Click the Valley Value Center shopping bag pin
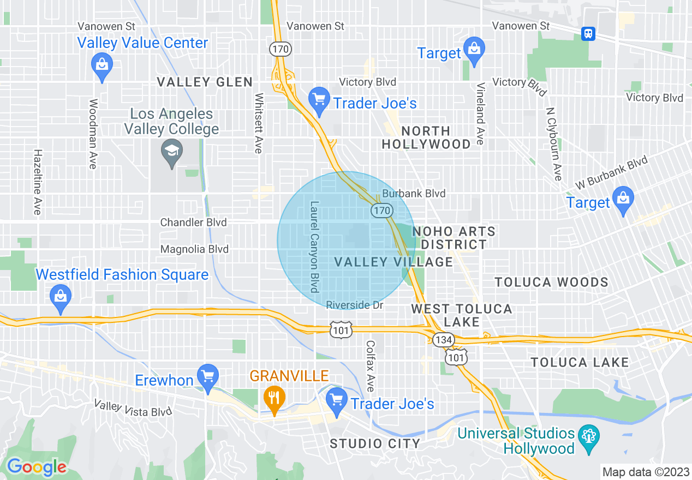pos(102,65)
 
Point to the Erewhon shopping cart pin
pos(207,376)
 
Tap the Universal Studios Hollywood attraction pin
pos(588,437)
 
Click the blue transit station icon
pos(588,33)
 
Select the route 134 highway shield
pos(444,340)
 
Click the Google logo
pos(36,466)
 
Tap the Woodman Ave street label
pos(93,134)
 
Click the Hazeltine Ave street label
pos(37,182)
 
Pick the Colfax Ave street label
pos(371,366)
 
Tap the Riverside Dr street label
pos(355,305)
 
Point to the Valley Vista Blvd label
pos(133,407)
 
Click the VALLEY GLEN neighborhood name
pos(205,82)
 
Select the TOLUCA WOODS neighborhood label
pos(551,282)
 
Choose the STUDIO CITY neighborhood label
pos(375,444)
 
